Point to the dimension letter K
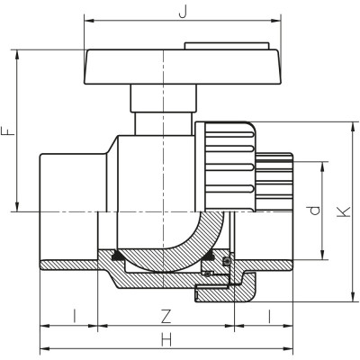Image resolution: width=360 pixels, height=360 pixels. click(341, 212)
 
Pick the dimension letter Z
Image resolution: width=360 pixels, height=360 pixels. click(164, 316)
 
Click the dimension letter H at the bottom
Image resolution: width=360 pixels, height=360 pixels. click(166, 340)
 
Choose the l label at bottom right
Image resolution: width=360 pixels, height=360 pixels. click(270, 316)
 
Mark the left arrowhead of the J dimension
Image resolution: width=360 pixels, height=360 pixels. click(85, 19)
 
